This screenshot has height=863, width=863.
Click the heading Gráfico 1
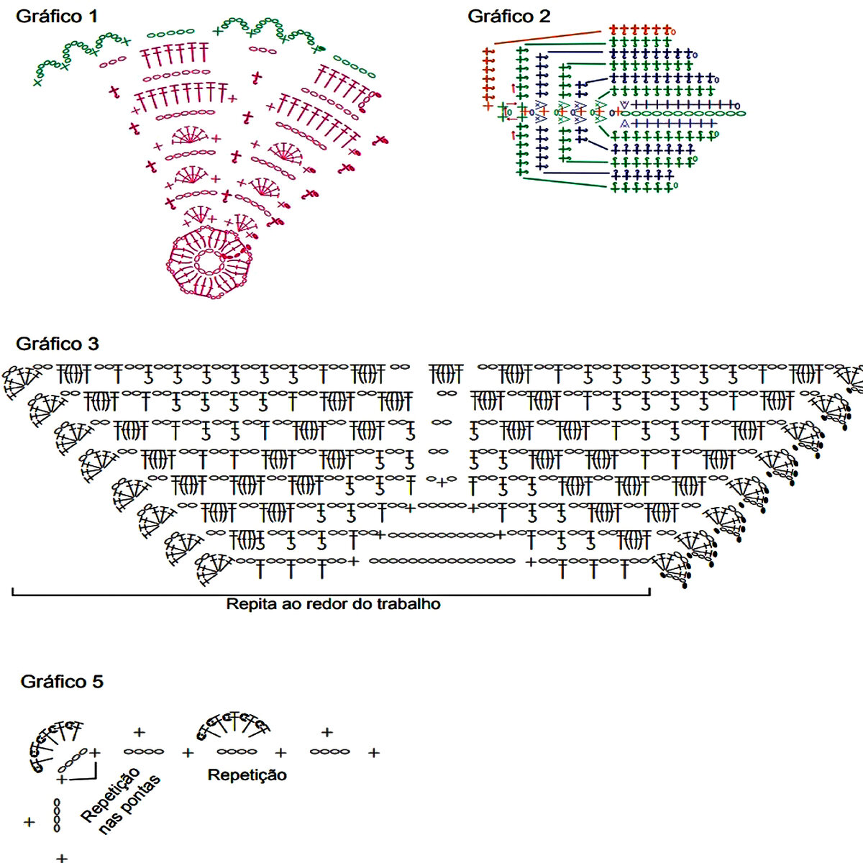(x=57, y=16)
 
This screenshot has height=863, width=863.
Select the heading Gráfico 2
(x=508, y=16)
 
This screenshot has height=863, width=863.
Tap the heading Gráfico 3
(x=57, y=343)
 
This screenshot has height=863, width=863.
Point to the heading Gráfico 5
(x=62, y=681)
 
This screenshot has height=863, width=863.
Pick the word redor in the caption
(x=327, y=604)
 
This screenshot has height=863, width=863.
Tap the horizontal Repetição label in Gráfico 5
(x=247, y=775)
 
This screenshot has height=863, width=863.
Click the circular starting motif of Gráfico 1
(x=209, y=262)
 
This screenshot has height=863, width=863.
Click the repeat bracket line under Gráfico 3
(x=331, y=594)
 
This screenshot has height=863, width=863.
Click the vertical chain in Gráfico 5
(x=57, y=815)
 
